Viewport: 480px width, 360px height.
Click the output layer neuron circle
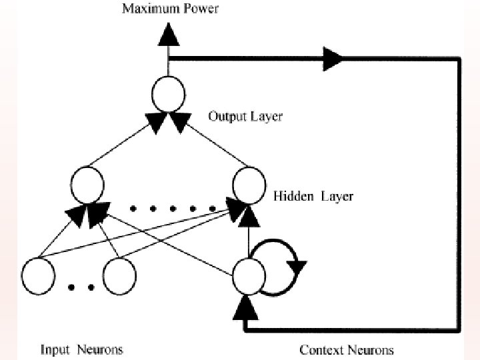coord(169,95)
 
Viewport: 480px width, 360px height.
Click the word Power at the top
coord(199,9)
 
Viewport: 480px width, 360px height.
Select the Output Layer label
coord(245,116)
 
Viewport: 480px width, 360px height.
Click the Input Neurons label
coord(82,349)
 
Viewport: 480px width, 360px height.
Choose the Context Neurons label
coord(346,349)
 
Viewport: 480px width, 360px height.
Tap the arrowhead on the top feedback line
coord(333,60)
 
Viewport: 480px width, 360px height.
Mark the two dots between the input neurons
coord(81,288)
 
